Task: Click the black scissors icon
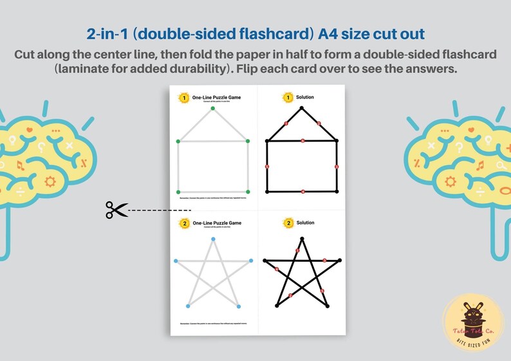coord(116,209)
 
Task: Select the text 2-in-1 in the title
coord(107,33)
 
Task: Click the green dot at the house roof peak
coord(212,108)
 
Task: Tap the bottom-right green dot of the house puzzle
coord(248,192)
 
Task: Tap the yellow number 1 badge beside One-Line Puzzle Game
coord(184,98)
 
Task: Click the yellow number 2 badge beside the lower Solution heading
coord(287,223)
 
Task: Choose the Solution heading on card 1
coord(305,97)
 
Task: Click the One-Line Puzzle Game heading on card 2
coord(217,223)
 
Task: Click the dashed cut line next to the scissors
coord(154,210)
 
